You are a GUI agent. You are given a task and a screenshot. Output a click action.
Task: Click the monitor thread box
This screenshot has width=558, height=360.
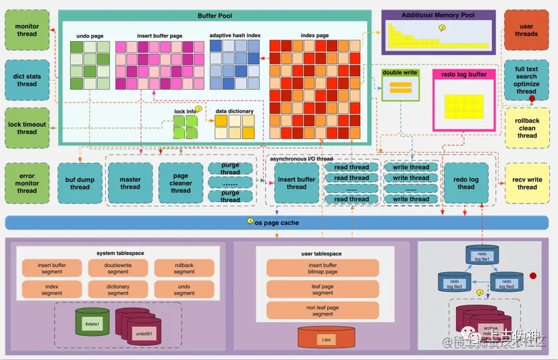[27, 30]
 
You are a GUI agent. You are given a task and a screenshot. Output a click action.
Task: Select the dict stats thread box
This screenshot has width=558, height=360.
[27, 80]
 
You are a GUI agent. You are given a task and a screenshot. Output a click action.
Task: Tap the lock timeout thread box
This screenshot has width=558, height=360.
[27, 127]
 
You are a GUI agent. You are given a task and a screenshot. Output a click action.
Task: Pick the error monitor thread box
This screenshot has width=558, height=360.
[27, 183]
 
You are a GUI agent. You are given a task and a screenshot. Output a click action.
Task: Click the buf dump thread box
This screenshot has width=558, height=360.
[80, 183]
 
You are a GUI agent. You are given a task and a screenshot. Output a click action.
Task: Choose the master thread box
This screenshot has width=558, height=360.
[130, 183]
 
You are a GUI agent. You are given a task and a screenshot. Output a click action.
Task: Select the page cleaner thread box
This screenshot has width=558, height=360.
[180, 183]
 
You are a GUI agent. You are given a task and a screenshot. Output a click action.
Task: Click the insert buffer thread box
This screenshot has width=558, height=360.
[296, 183]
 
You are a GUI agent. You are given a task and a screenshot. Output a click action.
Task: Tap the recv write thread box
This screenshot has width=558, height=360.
[526, 183]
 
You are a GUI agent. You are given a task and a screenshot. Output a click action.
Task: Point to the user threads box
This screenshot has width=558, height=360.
[526, 30]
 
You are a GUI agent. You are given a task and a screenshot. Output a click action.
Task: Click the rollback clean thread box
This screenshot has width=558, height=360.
[527, 128]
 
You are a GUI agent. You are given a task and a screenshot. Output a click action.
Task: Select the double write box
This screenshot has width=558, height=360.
[401, 84]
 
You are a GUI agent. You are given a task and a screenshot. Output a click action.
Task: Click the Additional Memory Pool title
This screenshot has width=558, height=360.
[438, 15]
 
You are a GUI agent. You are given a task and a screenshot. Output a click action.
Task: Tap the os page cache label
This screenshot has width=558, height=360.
[277, 222]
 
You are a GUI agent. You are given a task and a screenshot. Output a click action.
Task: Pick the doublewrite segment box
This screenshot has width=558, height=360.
[118, 268]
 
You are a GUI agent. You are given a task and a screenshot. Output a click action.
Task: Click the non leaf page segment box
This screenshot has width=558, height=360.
[323, 311]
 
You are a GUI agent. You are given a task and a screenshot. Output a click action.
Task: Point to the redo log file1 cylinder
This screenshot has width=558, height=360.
[482, 255]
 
